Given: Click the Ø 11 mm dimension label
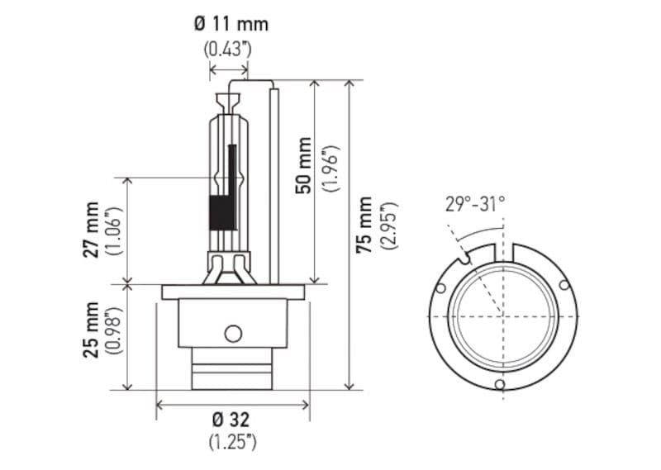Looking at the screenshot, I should point(231,23).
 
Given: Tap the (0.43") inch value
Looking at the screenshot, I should point(227,50).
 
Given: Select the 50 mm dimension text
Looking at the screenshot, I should point(304,165).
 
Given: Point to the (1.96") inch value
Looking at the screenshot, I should point(330,165).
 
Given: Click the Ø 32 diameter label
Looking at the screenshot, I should point(232,418).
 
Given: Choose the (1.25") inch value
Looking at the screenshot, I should point(232,441).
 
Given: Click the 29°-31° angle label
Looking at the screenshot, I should point(475,204).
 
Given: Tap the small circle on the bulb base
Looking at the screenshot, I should point(233,333).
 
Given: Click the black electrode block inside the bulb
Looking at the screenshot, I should point(222,213).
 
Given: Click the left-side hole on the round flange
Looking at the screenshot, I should point(441,288).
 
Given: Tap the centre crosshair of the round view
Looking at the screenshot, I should point(501,316).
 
